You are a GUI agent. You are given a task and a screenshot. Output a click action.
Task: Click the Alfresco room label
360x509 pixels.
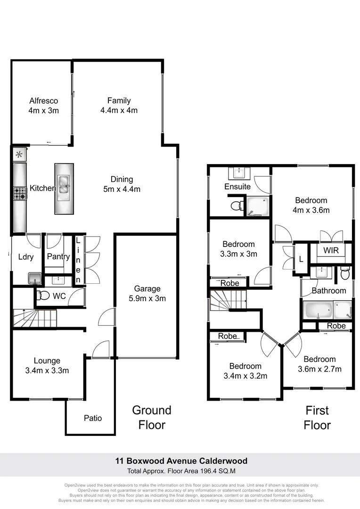tap(43, 100)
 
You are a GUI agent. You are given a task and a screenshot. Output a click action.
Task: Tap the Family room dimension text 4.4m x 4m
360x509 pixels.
tap(119, 110)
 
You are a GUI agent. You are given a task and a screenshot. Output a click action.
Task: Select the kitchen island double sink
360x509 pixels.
tap(64, 182)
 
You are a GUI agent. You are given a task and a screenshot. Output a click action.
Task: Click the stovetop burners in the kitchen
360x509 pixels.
tap(20, 193)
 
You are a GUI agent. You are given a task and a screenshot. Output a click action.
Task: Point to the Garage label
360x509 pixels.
tap(147, 288)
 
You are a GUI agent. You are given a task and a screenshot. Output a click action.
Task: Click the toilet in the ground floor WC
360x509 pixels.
tap(43, 296)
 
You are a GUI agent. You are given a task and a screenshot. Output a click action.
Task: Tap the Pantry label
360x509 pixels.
tap(58, 257)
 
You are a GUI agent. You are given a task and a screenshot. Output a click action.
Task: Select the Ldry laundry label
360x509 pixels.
tap(25, 257)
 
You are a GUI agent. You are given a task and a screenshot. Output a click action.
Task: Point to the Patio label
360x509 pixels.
tap(93, 418)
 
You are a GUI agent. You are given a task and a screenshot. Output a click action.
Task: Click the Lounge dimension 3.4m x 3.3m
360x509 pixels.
tap(47, 370)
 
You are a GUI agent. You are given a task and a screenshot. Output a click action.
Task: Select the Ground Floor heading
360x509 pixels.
tap(152, 418)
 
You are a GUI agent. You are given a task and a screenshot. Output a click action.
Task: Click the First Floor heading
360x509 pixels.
tap(317, 418)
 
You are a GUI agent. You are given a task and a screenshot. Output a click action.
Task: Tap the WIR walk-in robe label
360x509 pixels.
tap(331, 250)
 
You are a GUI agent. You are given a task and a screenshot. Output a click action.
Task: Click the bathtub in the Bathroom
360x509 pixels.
tap(318, 310)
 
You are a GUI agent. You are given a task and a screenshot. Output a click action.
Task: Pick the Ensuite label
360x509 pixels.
tap(237, 187)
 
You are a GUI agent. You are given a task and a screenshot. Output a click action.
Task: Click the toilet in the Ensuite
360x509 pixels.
tap(237, 205)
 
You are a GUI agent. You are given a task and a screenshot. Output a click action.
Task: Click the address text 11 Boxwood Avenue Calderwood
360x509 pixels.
tap(181, 461)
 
